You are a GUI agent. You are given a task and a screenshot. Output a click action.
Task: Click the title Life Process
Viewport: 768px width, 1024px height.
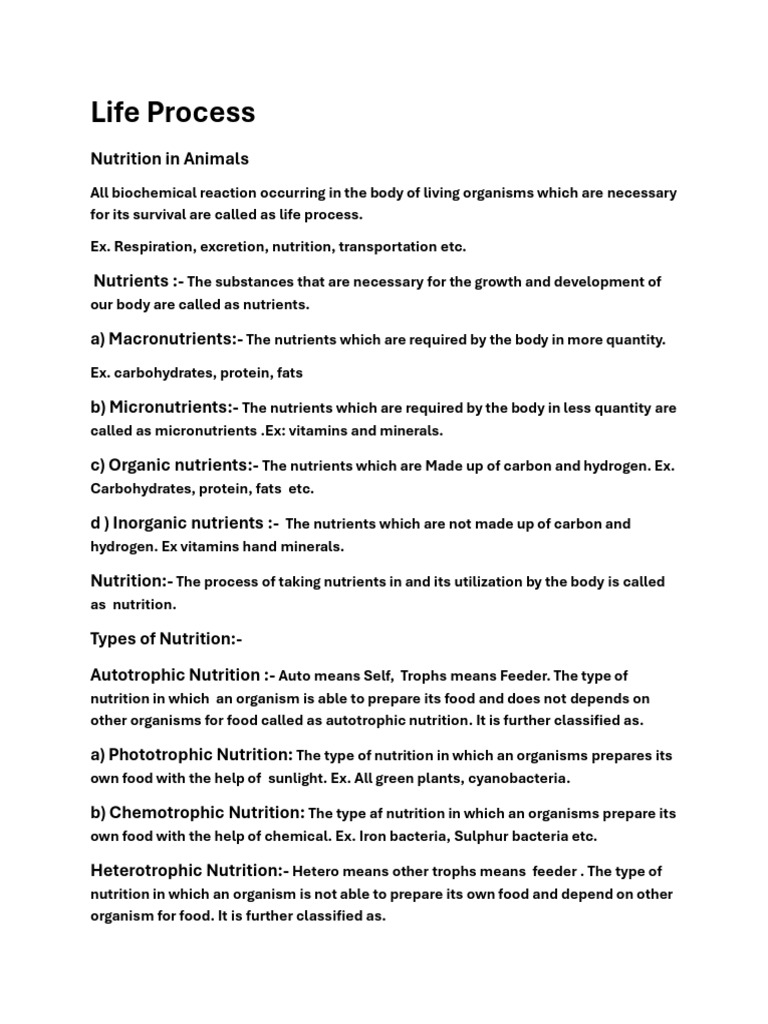(x=173, y=113)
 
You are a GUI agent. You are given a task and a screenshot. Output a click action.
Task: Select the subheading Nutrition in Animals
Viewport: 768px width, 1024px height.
(x=170, y=159)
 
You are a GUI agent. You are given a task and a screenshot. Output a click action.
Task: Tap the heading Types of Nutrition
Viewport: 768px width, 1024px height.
(x=166, y=639)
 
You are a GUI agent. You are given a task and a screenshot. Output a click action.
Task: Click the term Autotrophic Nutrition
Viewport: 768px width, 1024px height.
(x=176, y=675)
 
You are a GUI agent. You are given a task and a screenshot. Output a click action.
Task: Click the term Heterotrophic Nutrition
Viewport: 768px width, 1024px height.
(x=187, y=870)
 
